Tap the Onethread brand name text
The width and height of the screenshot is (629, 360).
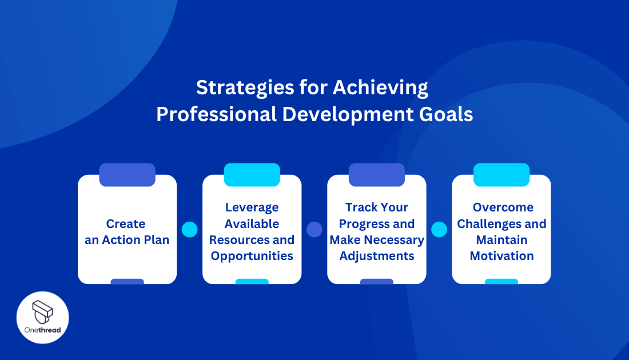[43, 330]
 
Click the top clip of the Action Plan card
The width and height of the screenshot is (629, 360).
[127, 175]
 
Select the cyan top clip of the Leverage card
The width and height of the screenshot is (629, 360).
[252, 175]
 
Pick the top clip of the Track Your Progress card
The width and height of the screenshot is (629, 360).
[376, 175]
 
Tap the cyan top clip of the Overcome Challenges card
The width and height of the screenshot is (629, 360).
[501, 175]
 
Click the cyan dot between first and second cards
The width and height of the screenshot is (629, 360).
[189, 230]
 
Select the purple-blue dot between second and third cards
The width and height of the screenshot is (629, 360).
[314, 230]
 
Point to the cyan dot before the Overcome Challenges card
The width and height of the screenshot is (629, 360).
[439, 230]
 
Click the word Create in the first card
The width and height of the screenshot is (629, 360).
[126, 223]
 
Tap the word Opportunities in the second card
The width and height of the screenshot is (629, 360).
[252, 256]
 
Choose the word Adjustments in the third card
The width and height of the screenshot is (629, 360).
[377, 256]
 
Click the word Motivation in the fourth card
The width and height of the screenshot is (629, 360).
[501, 256]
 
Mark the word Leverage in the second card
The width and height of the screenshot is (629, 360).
[252, 207]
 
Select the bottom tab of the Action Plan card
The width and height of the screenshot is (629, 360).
[127, 281]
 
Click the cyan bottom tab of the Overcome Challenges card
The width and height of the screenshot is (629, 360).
[501, 281]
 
